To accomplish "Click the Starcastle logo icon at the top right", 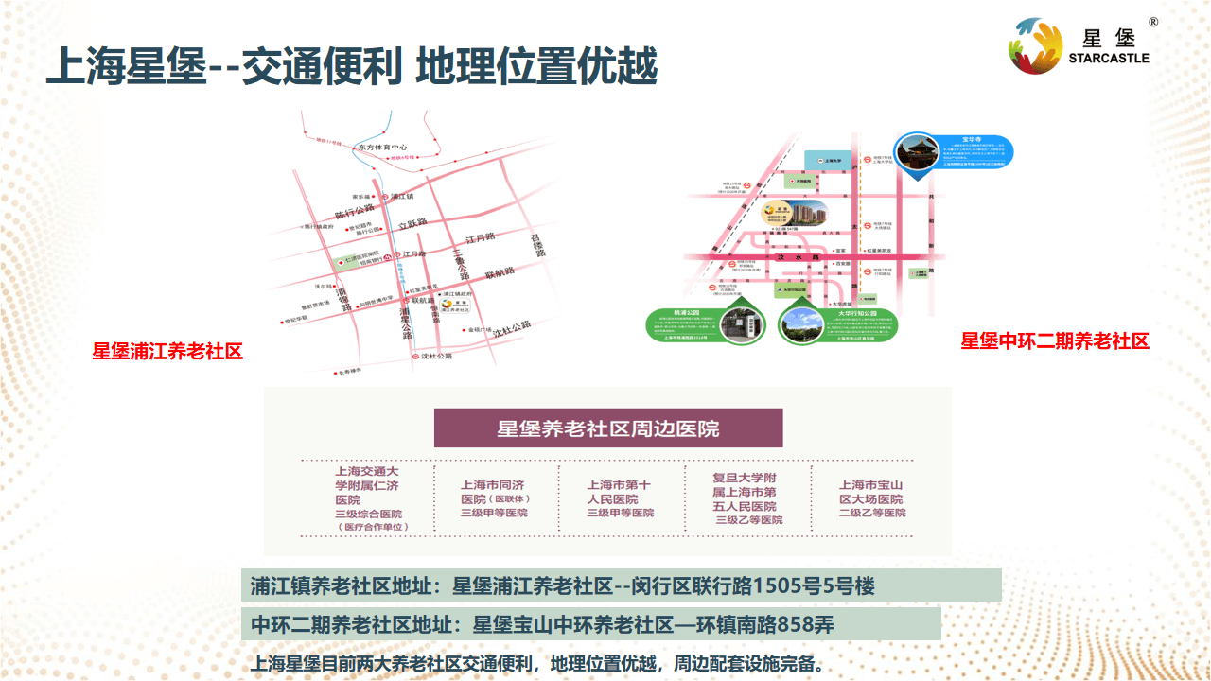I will point(1039,45).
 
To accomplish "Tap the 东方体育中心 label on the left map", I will point(382,148).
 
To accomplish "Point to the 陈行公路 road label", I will point(355,210).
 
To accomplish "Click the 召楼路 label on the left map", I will point(537,246).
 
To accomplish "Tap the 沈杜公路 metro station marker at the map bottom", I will point(416,357).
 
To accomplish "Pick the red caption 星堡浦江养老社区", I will point(167,352).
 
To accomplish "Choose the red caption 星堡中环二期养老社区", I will point(1055,341).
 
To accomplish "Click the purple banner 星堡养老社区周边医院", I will point(608,428).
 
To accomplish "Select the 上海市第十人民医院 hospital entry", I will point(620,498).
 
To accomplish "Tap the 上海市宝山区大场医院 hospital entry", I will point(871,498).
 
